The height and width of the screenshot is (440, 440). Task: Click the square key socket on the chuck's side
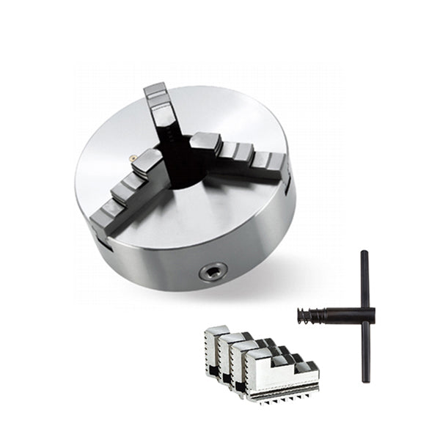click(x=213, y=272)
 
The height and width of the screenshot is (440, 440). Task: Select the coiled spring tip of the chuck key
click(x=312, y=315)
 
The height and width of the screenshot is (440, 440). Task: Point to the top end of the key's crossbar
click(x=364, y=256)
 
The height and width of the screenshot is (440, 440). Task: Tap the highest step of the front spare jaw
click(x=258, y=355)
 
